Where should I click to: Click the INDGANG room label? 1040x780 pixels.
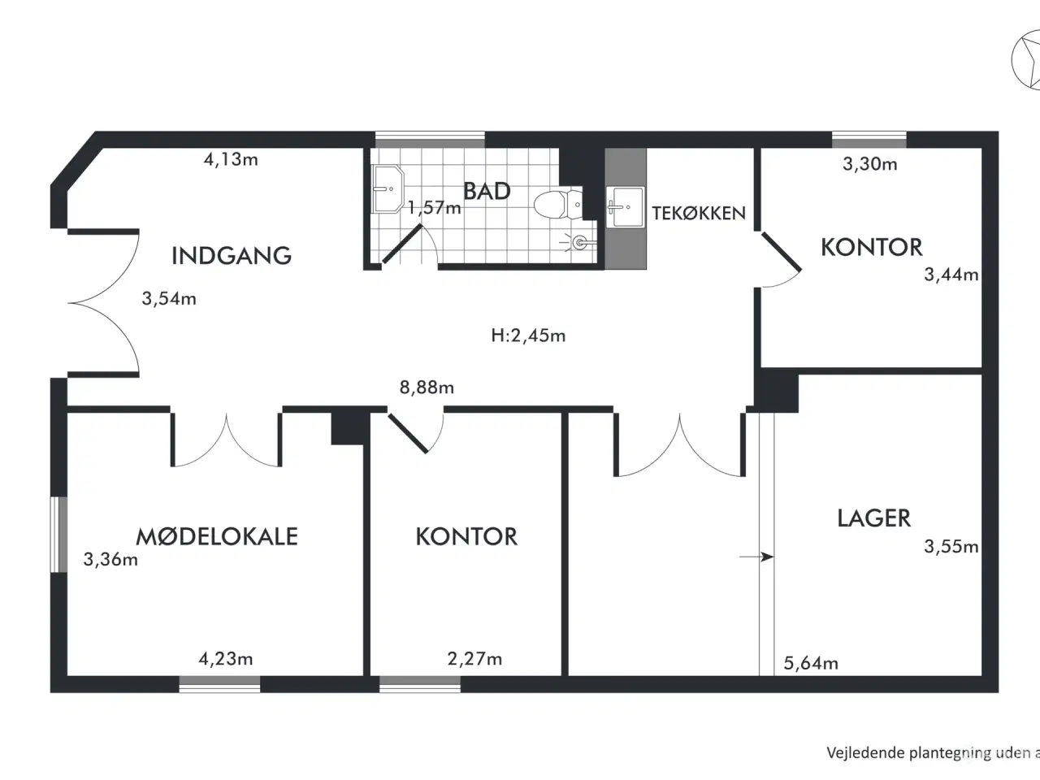click(232, 256)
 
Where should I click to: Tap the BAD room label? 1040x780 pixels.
click(487, 191)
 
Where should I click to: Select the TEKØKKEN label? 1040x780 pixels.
click(699, 214)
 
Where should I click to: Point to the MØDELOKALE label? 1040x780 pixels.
click(217, 536)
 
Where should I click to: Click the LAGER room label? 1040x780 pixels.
click(873, 518)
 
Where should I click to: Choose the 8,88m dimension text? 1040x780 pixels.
click(427, 388)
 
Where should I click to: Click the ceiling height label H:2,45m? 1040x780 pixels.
click(528, 336)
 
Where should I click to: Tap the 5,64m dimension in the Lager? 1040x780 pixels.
click(811, 664)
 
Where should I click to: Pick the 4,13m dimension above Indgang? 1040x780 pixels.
click(231, 159)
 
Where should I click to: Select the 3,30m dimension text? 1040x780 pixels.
click(870, 164)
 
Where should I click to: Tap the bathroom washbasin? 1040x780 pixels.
click(388, 189)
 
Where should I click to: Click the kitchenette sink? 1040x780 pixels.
click(626, 207)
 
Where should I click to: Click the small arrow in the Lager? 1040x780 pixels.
click(756, 557)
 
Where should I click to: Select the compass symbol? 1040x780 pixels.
click(1026, 59)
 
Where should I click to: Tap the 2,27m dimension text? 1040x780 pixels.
click(474, 659)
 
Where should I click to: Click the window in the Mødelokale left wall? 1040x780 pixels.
click(58, 534)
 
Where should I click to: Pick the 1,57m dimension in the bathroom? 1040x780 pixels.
click(435, 207)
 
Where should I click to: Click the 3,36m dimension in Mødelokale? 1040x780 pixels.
click(110, 559)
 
